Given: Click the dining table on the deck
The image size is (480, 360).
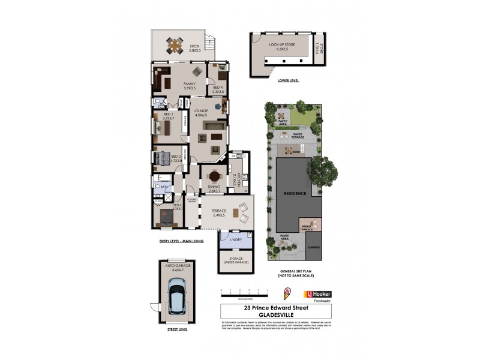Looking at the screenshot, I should pos(175,45).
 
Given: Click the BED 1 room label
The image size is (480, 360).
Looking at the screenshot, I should pos(168,116).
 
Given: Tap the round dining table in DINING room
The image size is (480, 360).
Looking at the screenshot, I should pos(215,176).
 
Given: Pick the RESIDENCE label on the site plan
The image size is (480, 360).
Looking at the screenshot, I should pos(295,193).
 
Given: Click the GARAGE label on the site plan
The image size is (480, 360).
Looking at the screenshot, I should pos(314,247).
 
